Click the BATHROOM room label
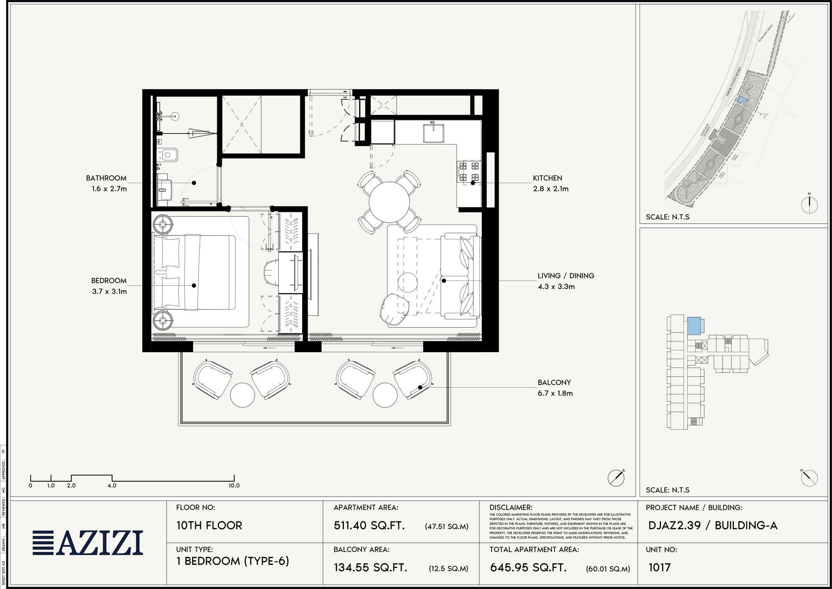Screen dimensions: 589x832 (106, 178)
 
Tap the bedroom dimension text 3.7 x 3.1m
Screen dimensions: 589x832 (109, 291)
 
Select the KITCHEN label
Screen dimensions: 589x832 (547, 178)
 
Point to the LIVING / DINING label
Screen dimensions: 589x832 (566, 276)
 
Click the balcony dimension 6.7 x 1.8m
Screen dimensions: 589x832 (555, 393)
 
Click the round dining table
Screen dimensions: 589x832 (389, 202)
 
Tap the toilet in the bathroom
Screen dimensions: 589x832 (169, 155)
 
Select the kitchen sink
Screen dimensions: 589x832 (433, 133)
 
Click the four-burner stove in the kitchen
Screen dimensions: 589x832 (469, 171)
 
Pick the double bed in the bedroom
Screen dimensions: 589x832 (195, 273)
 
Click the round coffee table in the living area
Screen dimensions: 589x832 (407, 282)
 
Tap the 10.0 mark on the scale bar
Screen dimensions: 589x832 (234, 485)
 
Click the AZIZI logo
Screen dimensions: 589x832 (88, 543)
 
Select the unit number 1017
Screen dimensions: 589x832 (659, 567)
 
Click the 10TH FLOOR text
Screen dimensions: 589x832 (209, 525)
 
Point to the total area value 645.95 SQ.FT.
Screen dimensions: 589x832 (528, 567)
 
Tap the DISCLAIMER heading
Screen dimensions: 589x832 (511, 507)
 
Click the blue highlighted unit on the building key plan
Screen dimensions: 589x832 (693, 326)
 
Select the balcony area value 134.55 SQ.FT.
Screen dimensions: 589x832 (370, 567)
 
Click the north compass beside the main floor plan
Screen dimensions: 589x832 (616, 477)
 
